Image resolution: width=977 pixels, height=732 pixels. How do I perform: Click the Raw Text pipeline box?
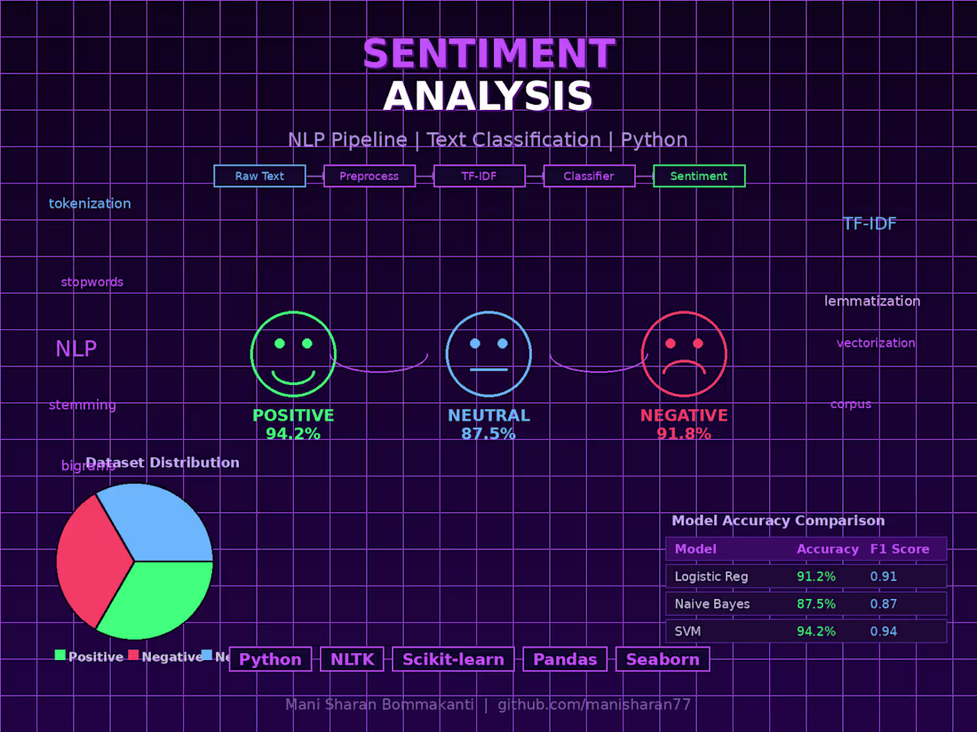pos(259,176)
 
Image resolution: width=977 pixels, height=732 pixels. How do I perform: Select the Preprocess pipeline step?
pos(369,176)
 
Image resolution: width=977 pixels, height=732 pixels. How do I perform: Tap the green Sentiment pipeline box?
pos(699,176)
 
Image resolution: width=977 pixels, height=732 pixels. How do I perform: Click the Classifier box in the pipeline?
pos(589,176)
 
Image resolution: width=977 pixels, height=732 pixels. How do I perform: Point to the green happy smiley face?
pos(293,354)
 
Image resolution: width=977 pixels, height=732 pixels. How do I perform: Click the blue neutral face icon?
pos(488,354)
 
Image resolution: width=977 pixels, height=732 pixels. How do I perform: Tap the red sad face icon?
pos(684,354)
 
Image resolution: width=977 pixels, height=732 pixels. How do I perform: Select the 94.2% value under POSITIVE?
pos(293,434)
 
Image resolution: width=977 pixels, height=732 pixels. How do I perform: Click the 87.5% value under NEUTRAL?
pos(488,434)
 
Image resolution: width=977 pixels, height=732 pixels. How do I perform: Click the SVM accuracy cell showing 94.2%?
pos(816,632)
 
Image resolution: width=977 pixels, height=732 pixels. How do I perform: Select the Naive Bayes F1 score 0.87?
pos(884,604)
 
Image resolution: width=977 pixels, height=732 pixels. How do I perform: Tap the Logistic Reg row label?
pos(711,577)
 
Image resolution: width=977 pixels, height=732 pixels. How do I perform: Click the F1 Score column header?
pos(900,549)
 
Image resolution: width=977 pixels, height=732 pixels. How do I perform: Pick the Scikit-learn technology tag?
pos(453,659)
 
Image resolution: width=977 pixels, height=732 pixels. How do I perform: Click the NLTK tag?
pos(353,659)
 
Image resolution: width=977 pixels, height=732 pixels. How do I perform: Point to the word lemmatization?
pos(872,301)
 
